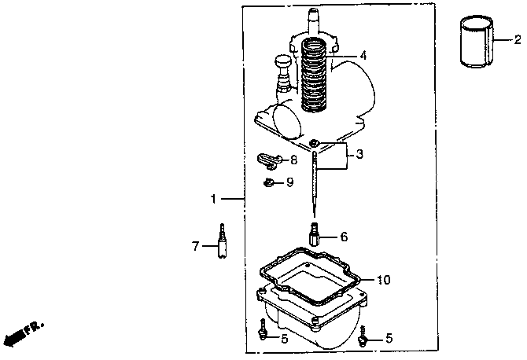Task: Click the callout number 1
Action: point(212,200)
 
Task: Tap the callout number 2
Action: point(518,39)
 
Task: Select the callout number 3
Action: point(359,155)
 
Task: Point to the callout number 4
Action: point(363,56)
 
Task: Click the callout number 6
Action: point(343,236)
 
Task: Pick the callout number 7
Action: point(197,246)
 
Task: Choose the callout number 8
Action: point(293,160)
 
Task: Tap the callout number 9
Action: point(289,182)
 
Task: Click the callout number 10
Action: point(383,279)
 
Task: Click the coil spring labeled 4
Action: point(318,75)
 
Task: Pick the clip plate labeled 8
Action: point(270,161)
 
